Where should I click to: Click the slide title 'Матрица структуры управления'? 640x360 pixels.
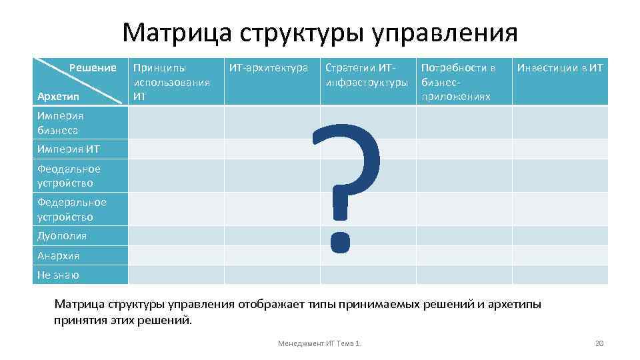[320, 32]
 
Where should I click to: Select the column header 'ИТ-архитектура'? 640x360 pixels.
[268, 67]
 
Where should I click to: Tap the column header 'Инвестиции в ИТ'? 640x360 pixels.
[560, 67]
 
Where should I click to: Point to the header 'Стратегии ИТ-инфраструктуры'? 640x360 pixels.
[366, 75]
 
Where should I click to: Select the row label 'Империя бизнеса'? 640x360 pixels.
[61, 123]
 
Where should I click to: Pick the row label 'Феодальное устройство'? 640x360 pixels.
[69, 176]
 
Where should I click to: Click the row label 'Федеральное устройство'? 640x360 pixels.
[71, 209]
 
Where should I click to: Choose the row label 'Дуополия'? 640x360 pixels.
[62, 236]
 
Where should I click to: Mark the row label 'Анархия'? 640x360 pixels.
[59, 255]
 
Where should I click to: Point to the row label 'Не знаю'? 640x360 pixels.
[58, 275]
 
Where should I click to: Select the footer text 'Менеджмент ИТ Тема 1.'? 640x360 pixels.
[319, 343]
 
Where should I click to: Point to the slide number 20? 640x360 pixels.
[598, 343]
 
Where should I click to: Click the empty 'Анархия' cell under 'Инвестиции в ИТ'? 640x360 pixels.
[560, 255]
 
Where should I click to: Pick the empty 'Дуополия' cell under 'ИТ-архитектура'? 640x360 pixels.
[272, 236]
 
